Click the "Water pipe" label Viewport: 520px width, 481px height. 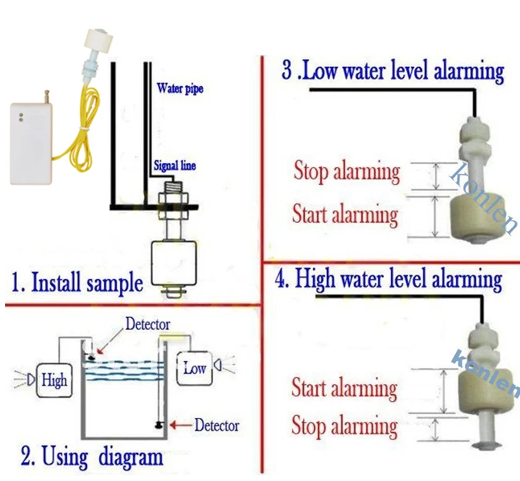pyautogui.click(x=179, y=88)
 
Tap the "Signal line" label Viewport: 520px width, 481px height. pyautogui.click(x=174, y=166)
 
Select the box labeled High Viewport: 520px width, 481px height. pyautogui.click(x=54, y=379)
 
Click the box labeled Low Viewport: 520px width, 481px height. pyautogui.click(x=194, y=368)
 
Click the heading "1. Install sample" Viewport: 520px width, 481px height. pyautogui.click(x=77, y=283)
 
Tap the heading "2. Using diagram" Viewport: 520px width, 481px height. pyautogui.click(x=92, y=456)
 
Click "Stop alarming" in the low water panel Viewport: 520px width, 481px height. pyautogui.click(x=346, y=173)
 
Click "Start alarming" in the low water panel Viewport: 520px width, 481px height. pyautogui.click(x=344, y=214)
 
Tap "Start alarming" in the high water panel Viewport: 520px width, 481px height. pyautogui.click(x=344, y=389)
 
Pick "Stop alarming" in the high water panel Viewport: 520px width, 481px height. pyautogui.click(x=344, y=426)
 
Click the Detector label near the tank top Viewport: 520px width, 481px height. pyautogui.click(x=148, y=324)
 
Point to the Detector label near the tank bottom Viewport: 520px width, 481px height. pyautogui.click(x=216, y=426)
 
